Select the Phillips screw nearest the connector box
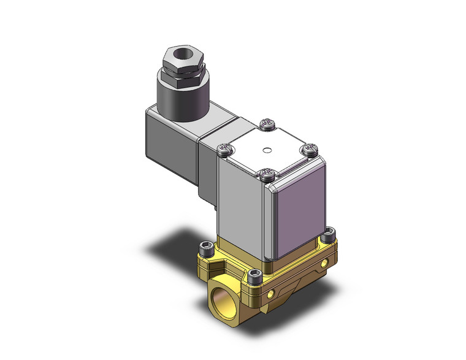(225, 148)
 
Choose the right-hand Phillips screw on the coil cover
(310, 149)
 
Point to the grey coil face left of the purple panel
(241, 202)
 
